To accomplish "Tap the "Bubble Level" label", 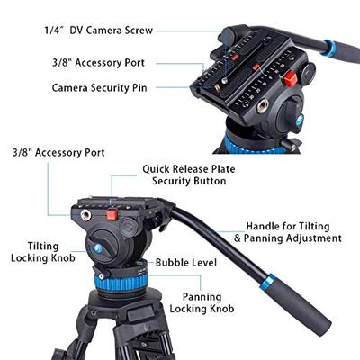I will [x=186, y=262].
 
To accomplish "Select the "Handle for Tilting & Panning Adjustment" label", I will [x=287, y=232].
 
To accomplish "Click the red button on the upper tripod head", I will [x=291, y=79].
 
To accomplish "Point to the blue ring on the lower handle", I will [x=266, y=283].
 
